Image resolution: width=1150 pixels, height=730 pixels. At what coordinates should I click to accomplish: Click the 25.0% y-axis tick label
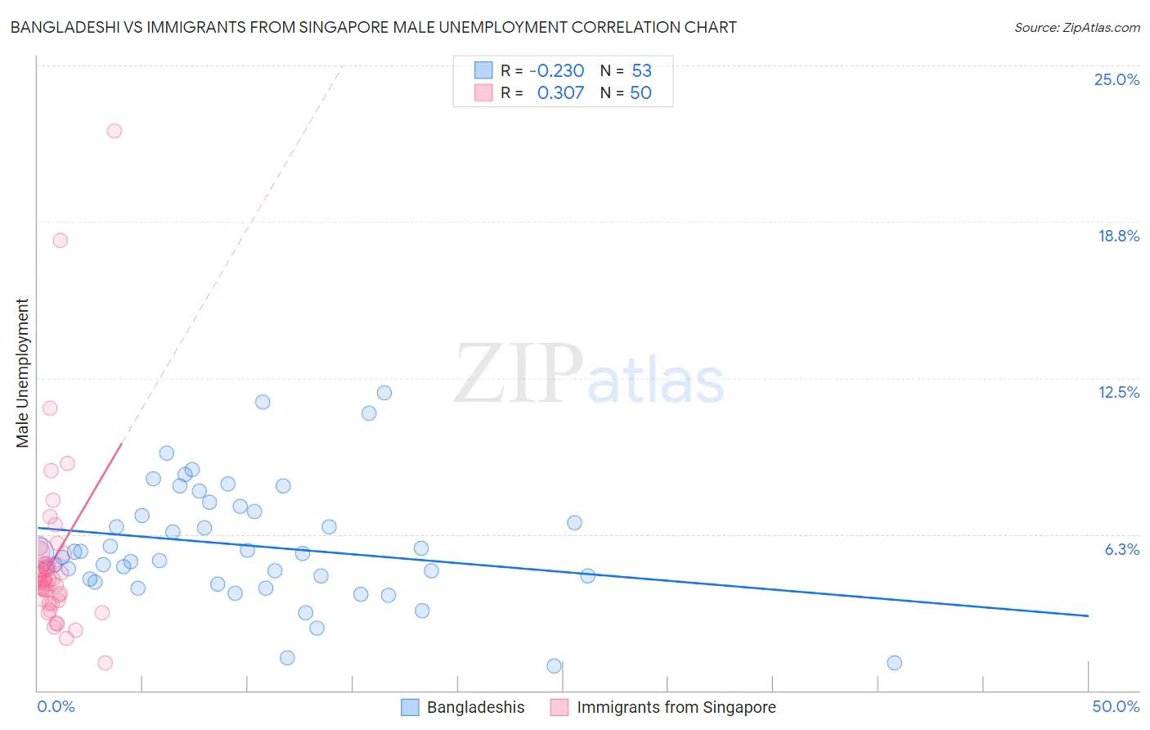pos(1116,79)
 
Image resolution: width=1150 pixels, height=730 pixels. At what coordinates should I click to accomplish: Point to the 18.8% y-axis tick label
pos(1117,236)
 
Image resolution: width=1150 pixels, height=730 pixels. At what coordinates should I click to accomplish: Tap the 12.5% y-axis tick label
pos(1117,392)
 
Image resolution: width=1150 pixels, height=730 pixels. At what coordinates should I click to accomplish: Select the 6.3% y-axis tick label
pos(1121,549)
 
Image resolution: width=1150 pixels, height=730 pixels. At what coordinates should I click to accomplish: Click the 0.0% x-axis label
pos(56,706)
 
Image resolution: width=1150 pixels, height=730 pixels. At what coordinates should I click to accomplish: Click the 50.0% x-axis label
pos(1115,706)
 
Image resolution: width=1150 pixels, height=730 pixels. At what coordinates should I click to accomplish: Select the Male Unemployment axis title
pos(22,373)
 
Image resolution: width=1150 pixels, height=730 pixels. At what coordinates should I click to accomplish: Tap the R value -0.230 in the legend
pos(556,70)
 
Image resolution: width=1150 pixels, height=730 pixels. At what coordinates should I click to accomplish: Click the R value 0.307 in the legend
pos(560,92)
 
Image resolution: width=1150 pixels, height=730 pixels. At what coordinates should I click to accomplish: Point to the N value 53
pos(641,70)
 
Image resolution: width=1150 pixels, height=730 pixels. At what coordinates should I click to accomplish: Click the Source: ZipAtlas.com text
pos(1076,27)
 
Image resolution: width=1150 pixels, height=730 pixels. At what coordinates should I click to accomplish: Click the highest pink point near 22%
pos(115,131)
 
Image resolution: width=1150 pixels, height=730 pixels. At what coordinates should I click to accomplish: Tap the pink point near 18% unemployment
pos(60,241)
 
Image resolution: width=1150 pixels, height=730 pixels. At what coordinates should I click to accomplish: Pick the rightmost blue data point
pos(894,663)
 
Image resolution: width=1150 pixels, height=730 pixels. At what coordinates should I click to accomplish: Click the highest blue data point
pos(384,393)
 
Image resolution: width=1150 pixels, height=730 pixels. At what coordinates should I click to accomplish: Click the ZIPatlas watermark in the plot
pos(589,375)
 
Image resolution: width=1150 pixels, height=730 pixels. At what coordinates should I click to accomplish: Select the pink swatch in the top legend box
pos(483,92)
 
